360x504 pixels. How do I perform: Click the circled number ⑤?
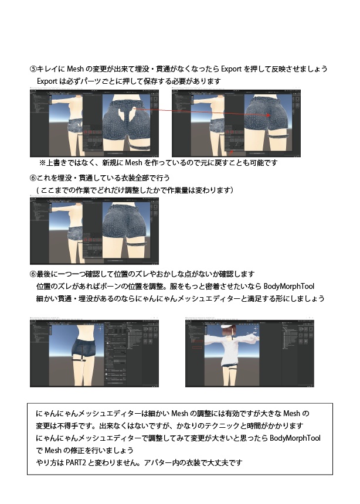(33, 69)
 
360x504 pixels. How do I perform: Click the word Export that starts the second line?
(47, 80)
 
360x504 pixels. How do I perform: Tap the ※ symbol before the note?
(42, 162)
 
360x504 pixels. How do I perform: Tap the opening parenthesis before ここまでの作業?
(38, 190)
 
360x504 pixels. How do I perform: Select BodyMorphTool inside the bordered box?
(297, 438)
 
